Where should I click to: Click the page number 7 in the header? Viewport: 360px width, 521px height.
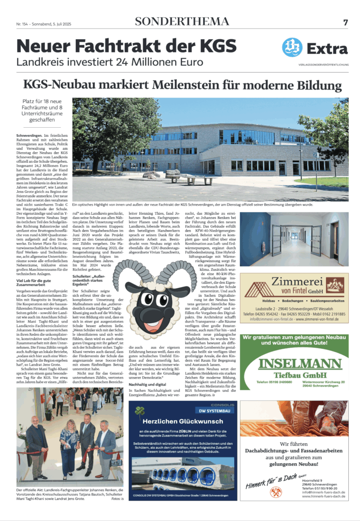click(x=345, y=22)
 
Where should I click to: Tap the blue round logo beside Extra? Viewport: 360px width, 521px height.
click(x=292, y=47)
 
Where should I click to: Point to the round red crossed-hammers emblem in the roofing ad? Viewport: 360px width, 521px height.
click(x=272, y=491)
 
